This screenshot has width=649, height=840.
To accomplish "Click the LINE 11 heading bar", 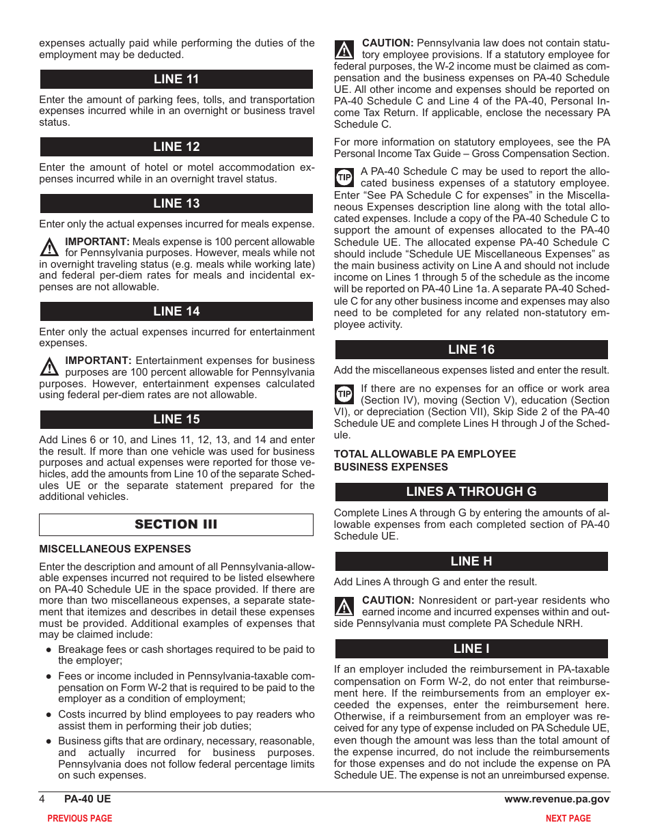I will pos(176,79).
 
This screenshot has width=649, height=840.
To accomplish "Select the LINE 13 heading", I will pos(176,204).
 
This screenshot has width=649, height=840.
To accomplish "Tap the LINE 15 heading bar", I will pos(176,419).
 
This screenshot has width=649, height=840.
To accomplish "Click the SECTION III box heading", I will pos(176,524).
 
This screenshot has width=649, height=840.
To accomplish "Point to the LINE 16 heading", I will pos(471,350).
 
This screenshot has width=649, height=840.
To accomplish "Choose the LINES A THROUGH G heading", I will pos(471,492).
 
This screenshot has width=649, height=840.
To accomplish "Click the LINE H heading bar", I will pos(471,561).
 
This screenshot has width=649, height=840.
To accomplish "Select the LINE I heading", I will pos(471,649).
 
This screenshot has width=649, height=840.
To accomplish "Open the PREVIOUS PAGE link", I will pos(79,818).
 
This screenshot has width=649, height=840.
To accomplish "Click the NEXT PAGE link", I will pos(568,818).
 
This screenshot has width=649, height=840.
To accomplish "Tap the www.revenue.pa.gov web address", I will pos(557,799).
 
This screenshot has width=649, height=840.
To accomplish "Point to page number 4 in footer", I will pos(42,799).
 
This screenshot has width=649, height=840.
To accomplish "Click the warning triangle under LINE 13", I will pos(49,247).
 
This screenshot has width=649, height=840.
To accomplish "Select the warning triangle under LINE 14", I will pos(49,367).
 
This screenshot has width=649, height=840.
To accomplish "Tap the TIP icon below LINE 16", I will pos(344,394).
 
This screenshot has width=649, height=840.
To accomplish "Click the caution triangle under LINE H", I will pos(344,606).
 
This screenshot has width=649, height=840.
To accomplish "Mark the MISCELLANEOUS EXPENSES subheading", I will pos(115,549).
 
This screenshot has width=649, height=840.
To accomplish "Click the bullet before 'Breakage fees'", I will pos(49,650).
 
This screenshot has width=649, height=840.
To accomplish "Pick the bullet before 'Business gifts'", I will pos(49,741).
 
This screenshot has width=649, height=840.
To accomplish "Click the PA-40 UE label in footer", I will pos(87,799).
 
